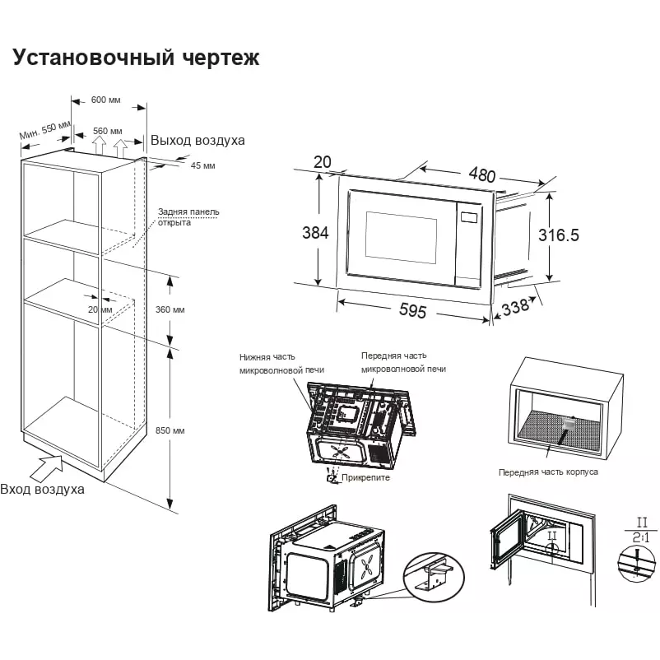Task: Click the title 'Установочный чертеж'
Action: pos(136,58)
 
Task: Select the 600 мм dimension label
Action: pos(105,100)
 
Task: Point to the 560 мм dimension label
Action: pos(107,131)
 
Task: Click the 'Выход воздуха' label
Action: pos(198,141)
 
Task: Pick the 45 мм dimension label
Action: pos(202,165)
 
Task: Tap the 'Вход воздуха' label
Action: pos(42,489)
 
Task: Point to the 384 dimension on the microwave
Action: pos(315,233)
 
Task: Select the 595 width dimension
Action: pos(412,311)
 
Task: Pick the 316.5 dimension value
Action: pos(559,235)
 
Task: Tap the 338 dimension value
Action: pos(515,308)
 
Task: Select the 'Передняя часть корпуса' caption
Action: pos(548,472)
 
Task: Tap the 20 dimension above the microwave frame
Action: pos(322,162)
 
